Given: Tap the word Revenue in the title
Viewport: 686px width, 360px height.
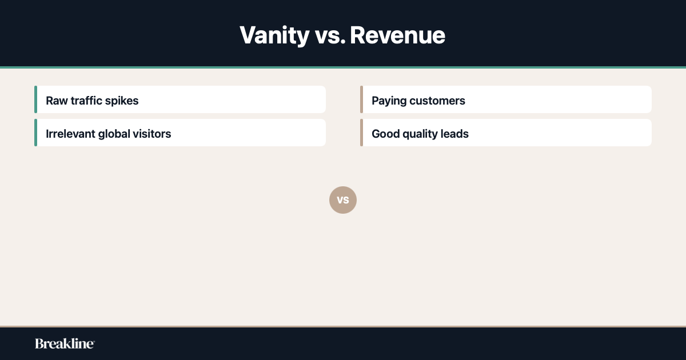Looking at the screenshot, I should point(397,35).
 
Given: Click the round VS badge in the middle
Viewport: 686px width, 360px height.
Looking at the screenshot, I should point(343,200).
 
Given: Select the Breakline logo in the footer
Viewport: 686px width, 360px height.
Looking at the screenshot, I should point(65,343).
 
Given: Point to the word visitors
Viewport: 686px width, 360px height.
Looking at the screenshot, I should point(152,134).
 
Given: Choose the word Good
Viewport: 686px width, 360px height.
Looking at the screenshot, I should point(385,134).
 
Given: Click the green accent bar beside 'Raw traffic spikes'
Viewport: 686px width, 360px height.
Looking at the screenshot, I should point(35,99).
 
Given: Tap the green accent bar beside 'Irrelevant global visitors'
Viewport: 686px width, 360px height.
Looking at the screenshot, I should point(35,133).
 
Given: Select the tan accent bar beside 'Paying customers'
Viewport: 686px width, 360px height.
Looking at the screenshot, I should point(361,99).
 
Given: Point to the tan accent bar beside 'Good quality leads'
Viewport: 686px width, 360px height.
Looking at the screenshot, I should point(361,133).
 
